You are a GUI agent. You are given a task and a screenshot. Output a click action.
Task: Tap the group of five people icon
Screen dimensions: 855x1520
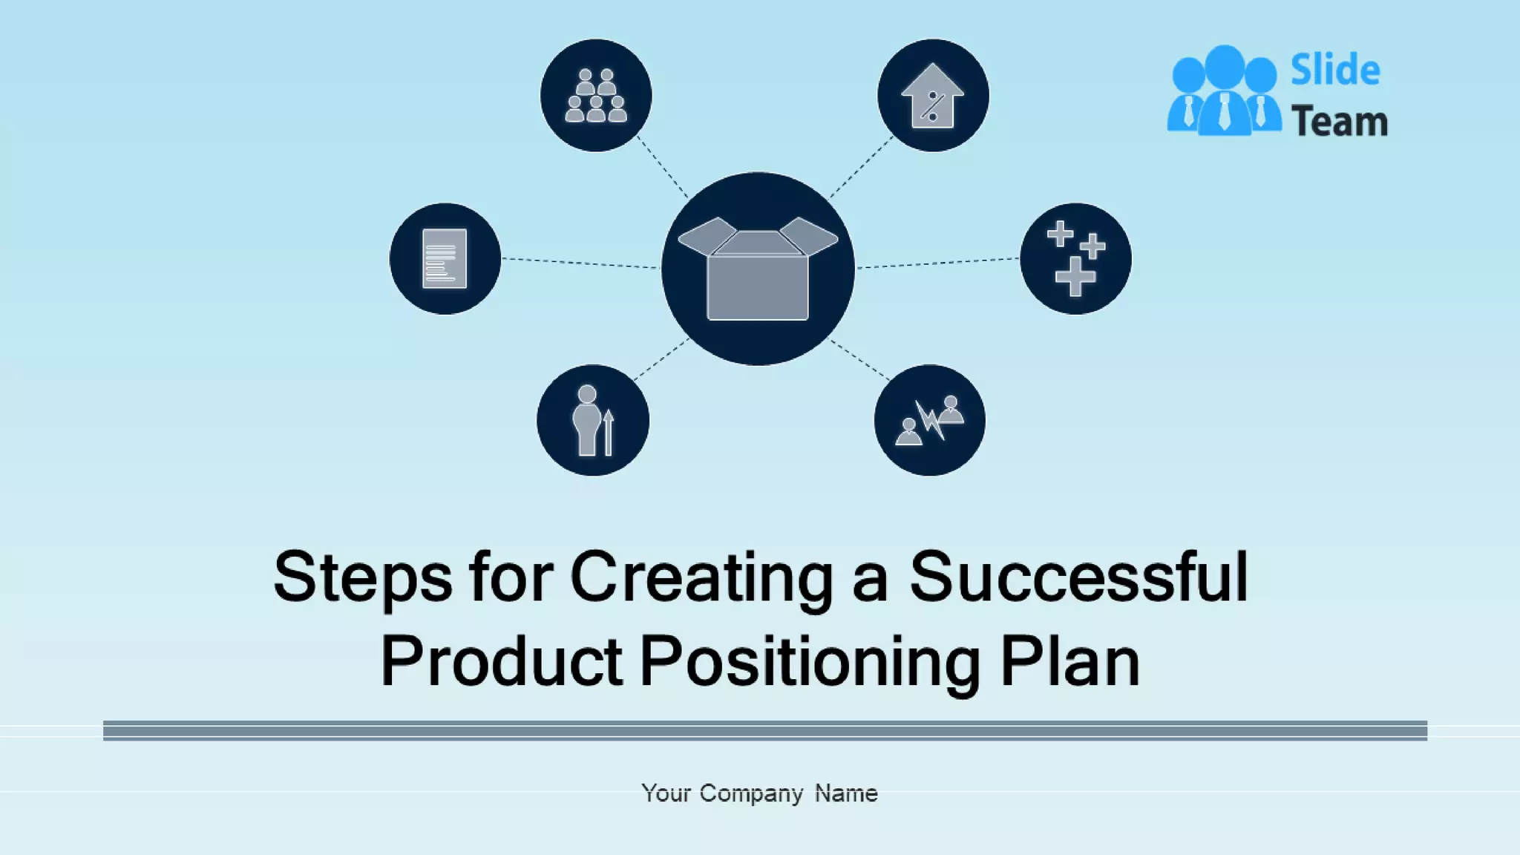coord(596,96)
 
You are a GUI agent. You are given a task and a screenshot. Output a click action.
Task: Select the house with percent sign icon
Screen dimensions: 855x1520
coord(933,96)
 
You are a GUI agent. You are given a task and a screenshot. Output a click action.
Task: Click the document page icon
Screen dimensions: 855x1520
coord(445,258)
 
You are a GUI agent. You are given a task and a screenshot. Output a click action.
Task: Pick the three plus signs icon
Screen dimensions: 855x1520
coord(1075,258)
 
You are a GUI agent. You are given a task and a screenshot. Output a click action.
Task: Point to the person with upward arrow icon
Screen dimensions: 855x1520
coord(592,420)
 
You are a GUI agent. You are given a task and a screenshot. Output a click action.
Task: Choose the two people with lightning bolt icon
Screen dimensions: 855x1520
coord(929,420)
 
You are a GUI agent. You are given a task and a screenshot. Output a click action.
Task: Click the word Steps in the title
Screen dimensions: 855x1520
coord(362,578)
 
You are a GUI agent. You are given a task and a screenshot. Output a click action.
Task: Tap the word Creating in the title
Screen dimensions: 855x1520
coord(701,578)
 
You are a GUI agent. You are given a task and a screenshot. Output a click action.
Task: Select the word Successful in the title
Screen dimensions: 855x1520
coord(1078,578)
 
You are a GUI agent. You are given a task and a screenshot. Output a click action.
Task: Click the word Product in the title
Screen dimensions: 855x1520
coord(501,661)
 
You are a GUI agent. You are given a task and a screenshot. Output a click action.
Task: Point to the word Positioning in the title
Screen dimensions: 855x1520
coord(810,661)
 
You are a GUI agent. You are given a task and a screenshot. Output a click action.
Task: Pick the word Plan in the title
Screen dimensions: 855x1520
coord(1069,661)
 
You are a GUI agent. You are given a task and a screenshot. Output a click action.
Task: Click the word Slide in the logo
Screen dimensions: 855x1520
coord(1335,71)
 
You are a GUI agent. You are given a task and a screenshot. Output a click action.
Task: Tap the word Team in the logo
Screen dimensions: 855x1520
coord(1339,122)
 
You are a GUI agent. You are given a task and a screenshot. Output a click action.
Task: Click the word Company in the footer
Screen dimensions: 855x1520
coord(750,793)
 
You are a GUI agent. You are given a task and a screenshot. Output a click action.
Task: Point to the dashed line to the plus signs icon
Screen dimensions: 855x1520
coord(938,263)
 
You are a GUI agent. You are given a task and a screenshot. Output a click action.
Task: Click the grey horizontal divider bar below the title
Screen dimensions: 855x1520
coord(764,730)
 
